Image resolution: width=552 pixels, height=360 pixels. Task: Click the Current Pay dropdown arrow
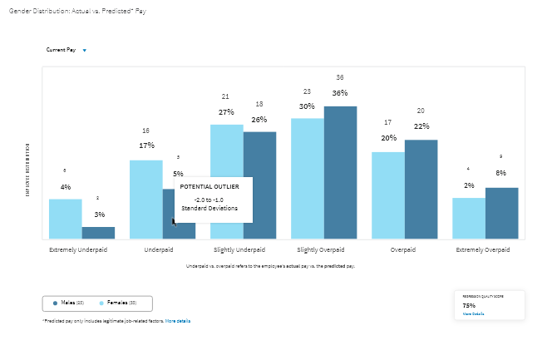tap(84, 51)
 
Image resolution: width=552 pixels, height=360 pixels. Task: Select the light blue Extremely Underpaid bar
tap(65, 219)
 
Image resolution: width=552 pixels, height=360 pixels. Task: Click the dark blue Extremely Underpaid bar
tap(98, 233)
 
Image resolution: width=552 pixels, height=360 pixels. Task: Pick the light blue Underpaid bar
tap(146, 200)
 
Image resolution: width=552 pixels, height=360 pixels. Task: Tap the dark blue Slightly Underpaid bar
tap(260, 185)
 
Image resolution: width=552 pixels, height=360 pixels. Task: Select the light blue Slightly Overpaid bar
tap(308, 178)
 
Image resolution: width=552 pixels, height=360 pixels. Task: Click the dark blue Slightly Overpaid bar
tap(340, 172)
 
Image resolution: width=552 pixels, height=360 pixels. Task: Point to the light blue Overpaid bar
tap(388, 195)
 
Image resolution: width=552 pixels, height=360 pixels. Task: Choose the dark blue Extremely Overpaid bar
tap(501, 213)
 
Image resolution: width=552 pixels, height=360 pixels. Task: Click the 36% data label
tap(340, 93)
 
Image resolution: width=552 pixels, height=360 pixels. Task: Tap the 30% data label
tap(307, 106)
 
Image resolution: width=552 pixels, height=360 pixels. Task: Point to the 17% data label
tap(146, 145)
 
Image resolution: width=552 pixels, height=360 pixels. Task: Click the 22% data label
tap(421, 126)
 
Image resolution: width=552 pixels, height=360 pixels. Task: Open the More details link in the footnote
tap(177, 320)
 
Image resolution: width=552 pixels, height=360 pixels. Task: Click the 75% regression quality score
tap(470, 305)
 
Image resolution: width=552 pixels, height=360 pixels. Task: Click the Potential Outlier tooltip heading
tap(209, 187)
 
